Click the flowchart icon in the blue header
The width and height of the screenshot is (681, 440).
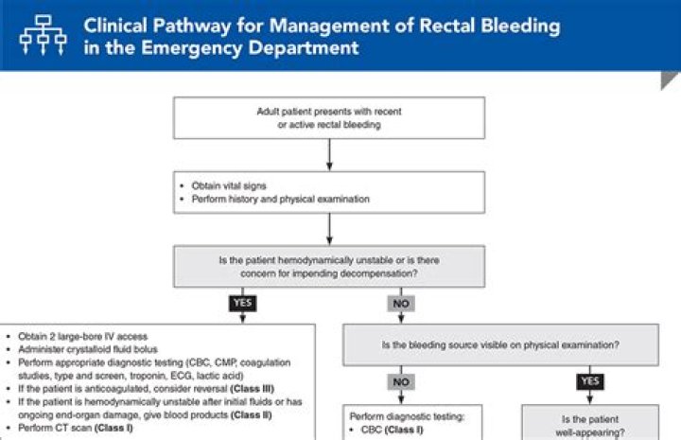coord(40,35)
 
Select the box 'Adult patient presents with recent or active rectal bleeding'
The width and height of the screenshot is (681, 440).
coord(328,117)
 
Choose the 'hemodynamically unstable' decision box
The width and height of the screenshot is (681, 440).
coord(328,267)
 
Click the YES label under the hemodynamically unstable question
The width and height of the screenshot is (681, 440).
coord(242,304)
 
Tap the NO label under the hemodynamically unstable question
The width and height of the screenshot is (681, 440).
coord(401,304)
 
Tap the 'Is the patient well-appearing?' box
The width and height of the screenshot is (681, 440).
coord(588,422)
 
